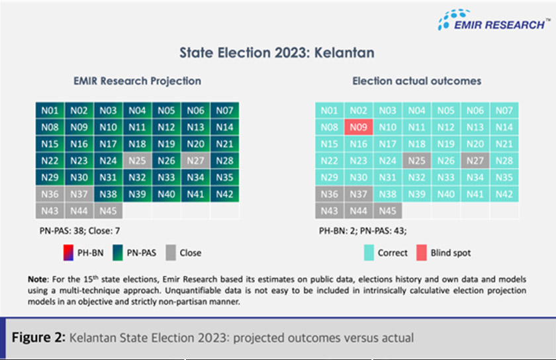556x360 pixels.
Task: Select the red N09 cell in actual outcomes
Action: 358,126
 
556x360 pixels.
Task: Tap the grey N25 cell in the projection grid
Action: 137,160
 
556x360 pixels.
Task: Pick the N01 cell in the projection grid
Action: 50,111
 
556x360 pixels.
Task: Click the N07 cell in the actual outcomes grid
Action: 504,111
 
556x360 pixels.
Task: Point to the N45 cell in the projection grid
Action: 108,210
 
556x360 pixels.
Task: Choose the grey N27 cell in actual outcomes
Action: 475,160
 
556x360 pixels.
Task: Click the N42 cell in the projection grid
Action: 224,194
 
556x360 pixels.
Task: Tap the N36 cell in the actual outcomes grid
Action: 329,194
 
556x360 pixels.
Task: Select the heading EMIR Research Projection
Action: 137,81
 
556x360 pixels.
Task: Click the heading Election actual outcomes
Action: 416,81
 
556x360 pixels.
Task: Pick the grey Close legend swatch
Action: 168,252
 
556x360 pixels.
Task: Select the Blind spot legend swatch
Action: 421,252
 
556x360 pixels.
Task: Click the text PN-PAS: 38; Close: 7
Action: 83,232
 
